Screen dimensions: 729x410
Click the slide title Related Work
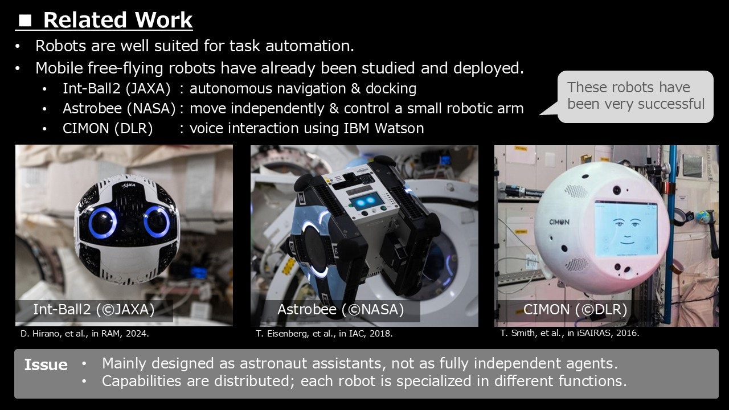click(x=118, y=20)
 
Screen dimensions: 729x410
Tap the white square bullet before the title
click(x=25, y=20)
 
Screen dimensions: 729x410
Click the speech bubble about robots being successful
click(x=634, y=97)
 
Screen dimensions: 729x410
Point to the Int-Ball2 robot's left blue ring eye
click(x=103, y=223)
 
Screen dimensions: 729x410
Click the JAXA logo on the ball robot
click(x=129, y=186)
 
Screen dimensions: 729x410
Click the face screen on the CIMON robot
click(x=625, y=228)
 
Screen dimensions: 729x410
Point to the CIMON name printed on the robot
click(x=559, y=222)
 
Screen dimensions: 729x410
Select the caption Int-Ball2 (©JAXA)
click(x=94, y=309)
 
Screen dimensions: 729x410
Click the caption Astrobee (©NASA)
click(x=341, y=309)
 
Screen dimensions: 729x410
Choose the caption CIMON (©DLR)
click(x=575, y=309)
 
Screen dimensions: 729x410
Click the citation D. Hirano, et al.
click(x=85, y=334)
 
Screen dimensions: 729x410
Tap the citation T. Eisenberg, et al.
click(x=324, y=334)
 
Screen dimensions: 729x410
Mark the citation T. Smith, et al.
click(x=570, y=333)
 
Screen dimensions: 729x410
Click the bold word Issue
click(x=46, y=365)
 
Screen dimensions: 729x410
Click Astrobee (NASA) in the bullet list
click(x=119, y=108)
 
